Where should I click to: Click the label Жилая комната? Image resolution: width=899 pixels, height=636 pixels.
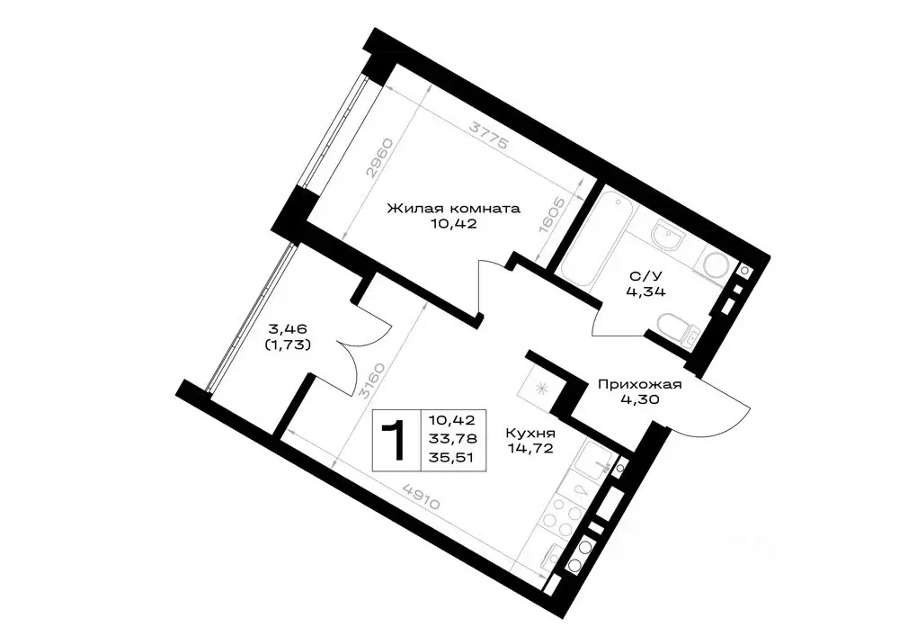[x=453, y=208]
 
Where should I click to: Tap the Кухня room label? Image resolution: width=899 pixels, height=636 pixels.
[x=530, y=434]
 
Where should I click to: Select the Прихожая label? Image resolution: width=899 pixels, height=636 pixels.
[x=639, y=384]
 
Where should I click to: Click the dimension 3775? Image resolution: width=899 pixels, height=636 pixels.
[x=488, y=135]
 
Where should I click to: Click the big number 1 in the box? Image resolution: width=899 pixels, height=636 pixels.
[x=396, y=440]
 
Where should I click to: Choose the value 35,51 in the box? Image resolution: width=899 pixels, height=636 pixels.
[x=452, y=458]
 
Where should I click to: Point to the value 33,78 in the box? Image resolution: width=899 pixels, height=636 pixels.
[x=452, y=439]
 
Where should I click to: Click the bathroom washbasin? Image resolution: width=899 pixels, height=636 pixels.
[x=667, y=235]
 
